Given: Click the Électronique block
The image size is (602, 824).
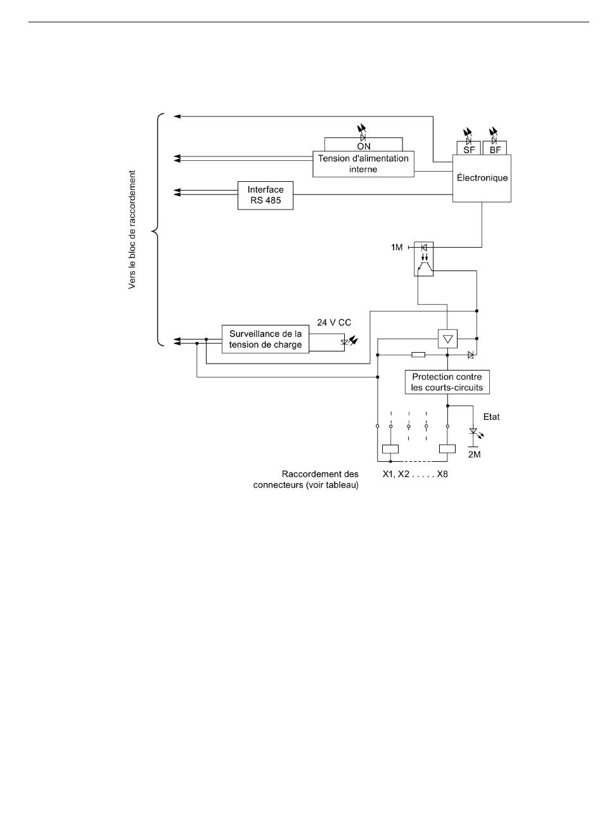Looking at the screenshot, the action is (482, 178).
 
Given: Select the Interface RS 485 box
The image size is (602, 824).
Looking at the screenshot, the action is (266, 195).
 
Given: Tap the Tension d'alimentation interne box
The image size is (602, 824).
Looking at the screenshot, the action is (363, 163).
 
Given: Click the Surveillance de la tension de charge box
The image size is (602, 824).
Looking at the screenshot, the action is (266, 339).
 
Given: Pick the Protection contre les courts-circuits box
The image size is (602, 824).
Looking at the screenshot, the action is (447, 382).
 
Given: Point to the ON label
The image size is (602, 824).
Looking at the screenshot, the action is (364, 146).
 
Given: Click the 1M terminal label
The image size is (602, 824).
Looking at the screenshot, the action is (397, 248).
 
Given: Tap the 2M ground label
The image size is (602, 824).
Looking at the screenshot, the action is (475, 455).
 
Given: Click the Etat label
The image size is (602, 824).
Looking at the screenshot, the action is (491, 417).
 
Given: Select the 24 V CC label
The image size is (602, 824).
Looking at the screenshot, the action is (334, 322).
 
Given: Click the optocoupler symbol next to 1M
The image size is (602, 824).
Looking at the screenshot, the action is (423, 258).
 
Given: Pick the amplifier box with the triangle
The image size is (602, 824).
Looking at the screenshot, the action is (447, 339).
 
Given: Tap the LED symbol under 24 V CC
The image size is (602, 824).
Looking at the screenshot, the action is (349, 342).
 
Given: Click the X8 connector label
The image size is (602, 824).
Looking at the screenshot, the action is (442, 474).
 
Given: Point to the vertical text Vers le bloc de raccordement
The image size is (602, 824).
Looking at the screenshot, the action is (132, 229).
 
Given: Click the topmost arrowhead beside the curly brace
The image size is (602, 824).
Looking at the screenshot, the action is (177, 117).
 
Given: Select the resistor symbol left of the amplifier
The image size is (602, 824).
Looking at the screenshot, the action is (418, 355).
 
